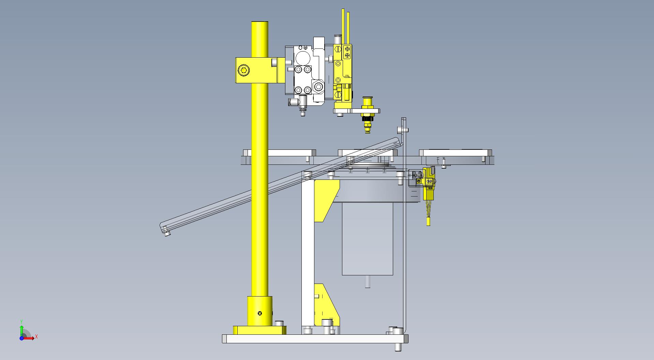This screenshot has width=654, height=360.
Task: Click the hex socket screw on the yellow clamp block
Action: pyautogui.click(x=243, y=71)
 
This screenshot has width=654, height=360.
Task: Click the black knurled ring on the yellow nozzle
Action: pyautogui.click(x=367, y=118)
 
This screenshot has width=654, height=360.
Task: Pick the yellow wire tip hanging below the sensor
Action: pyautogui.click(x=428, y=222)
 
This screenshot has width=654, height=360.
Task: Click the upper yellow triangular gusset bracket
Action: pyautogui.click(x=326, y=201)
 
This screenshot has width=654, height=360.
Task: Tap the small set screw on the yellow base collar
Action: pyautogui.click(x=260, y=313)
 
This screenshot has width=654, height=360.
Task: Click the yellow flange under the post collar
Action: pyautogui.click(x=260, y=330)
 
